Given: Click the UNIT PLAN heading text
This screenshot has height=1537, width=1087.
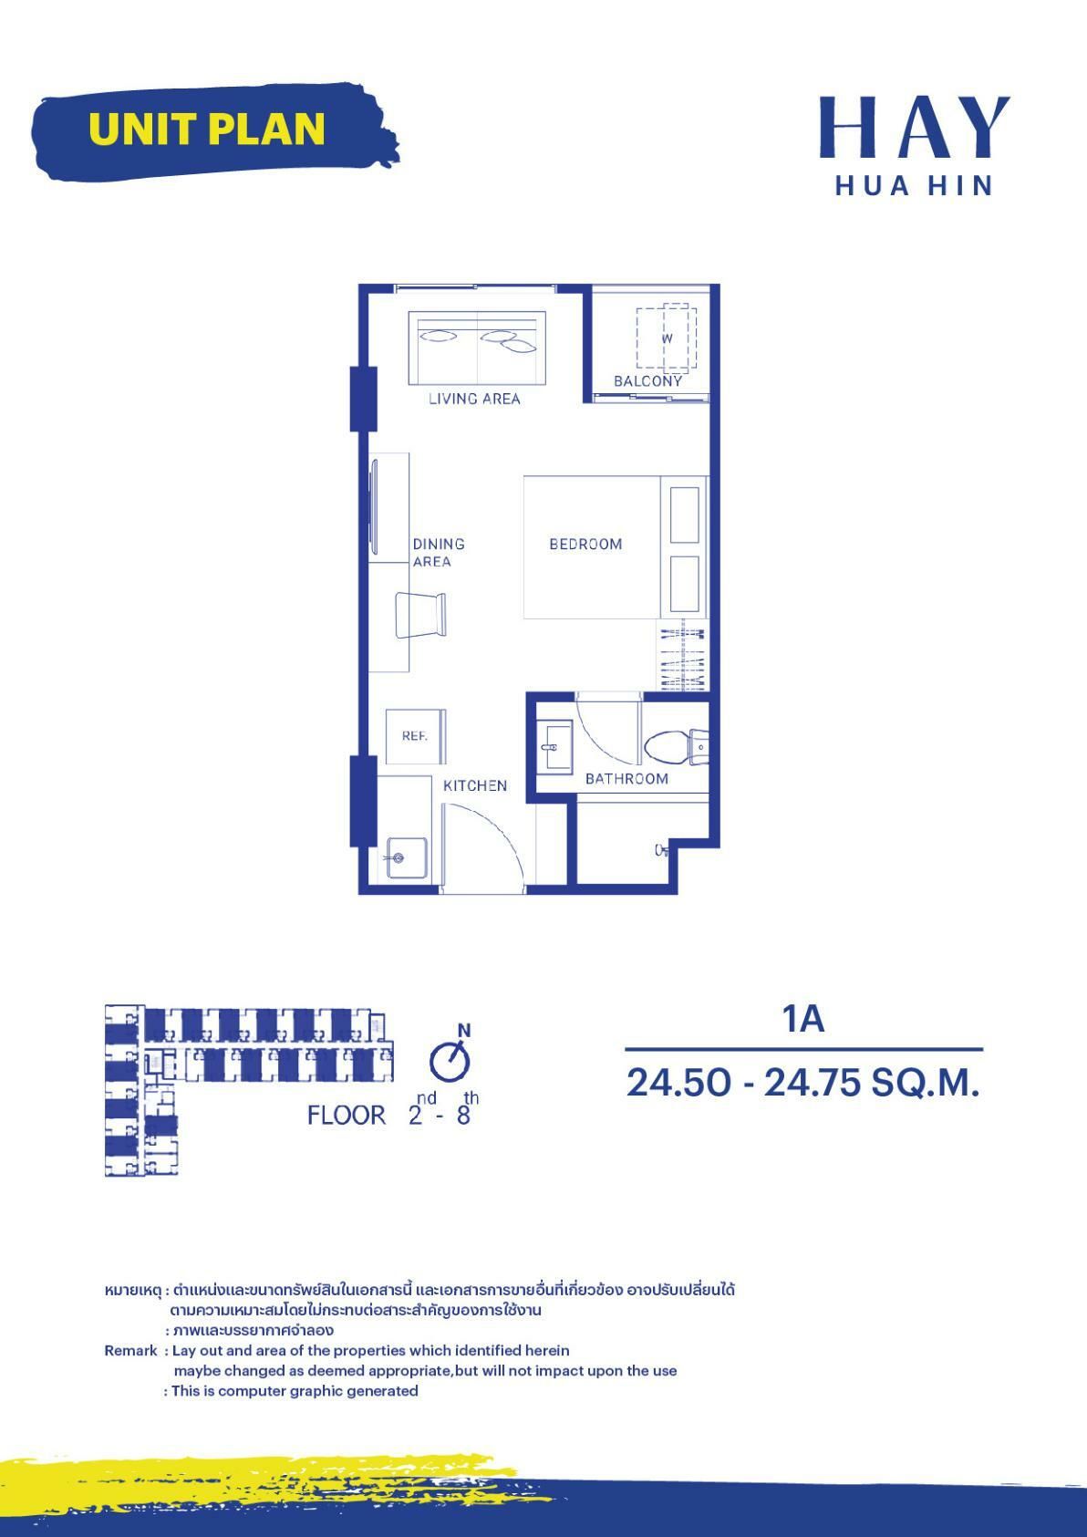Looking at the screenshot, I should click(x=207, y=129).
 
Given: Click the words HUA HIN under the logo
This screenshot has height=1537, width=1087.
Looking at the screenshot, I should click(x=914, y=185).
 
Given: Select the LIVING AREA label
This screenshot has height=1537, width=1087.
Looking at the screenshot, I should click(x=474, y=399).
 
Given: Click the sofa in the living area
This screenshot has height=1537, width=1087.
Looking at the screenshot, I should click(x=477, y=348).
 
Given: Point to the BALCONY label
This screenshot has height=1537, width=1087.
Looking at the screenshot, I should click(x=647, y=381).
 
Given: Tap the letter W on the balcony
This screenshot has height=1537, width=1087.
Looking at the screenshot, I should click(x=667, y=338).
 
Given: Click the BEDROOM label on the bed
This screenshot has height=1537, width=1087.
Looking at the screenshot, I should click(x=585, y=544).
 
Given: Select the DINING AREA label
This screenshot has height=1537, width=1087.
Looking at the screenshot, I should click(x=438, y=552).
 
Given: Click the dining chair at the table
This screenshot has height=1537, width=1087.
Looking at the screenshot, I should click(x=421, y=615).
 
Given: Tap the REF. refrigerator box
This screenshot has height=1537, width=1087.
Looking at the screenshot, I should click(x=415, y=735).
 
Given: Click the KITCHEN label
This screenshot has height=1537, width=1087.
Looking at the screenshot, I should click(x=475, y=785).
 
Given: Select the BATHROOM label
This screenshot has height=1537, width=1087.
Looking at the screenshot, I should click(x=626, y=778).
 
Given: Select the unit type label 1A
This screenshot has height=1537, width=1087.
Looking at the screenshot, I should click(x=802, y=1019).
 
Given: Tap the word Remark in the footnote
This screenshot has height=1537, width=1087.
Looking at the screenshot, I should click(x=130, y=1350).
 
